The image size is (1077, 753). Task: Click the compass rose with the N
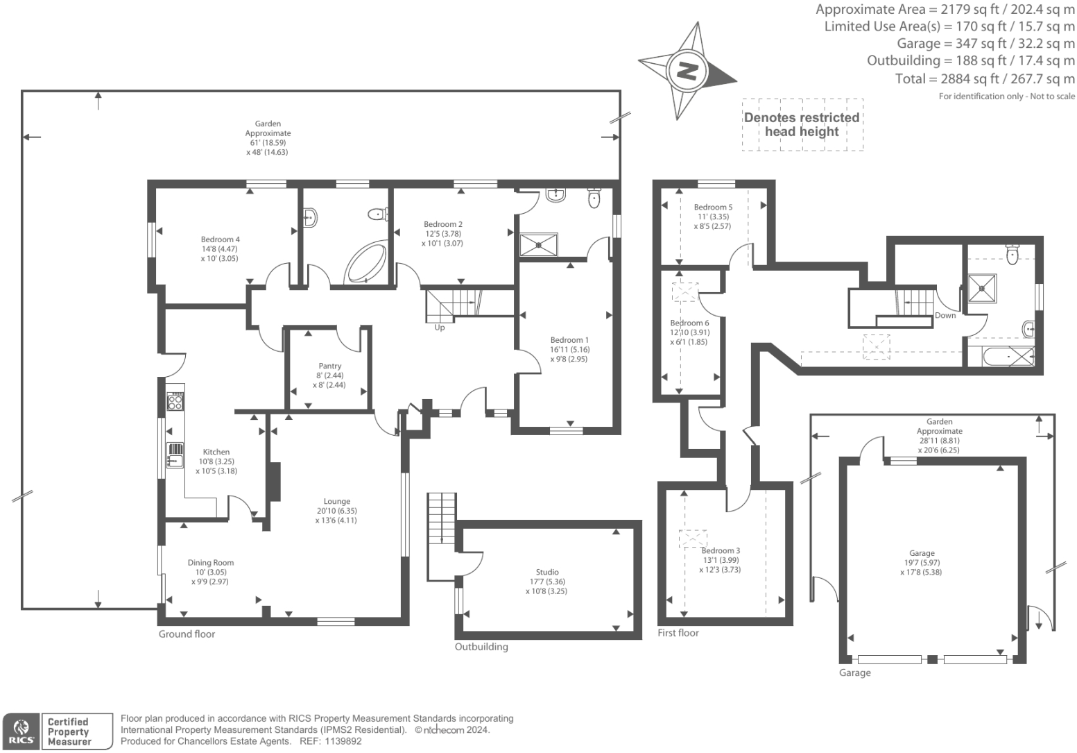(x=687, y=70)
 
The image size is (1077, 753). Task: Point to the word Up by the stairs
(x=440, y=328)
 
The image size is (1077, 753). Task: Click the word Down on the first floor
(x=945, y=316)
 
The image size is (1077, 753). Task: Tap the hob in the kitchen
(x=175, y=401)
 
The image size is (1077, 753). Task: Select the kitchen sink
(x=175, y=455)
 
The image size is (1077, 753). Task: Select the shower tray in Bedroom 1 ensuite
(x=539, y=244)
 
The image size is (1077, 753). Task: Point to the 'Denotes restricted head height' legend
(x=802, y=125)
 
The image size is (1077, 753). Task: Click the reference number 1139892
(x=340, y=741)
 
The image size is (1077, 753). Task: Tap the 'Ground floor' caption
(x=187, y=634)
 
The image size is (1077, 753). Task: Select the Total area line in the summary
(x=985, y=79)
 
